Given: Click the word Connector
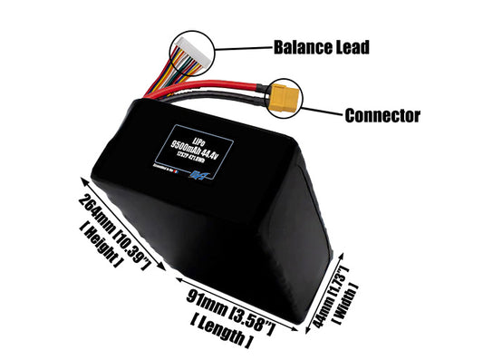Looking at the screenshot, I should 382,115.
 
